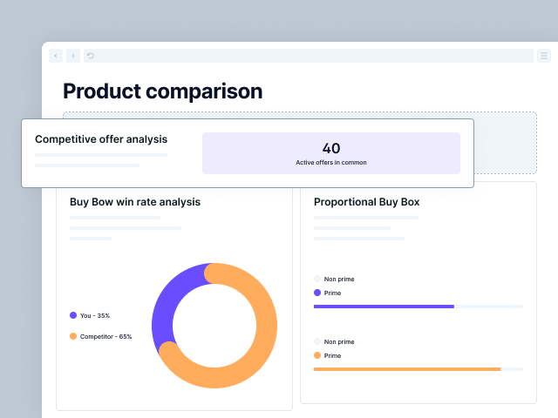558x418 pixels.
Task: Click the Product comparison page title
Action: coord(162,91)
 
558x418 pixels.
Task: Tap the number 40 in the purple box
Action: coord(331,148)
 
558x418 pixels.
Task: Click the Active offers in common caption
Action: coord(331,163)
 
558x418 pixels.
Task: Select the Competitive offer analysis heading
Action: coord(101,138)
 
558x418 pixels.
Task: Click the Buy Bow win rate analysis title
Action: coord(135,202)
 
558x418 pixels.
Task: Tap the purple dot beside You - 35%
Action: coord(73,315)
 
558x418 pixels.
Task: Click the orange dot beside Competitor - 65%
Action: coord(73,336)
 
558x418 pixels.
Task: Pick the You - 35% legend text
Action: coord(95,315)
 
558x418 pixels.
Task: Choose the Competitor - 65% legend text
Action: coord(105,336)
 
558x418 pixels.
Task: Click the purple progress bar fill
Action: coord(384,307)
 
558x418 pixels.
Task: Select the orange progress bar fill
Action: coord(406,369)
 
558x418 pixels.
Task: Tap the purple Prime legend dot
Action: coord(317,293)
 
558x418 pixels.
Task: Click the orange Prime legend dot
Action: coord(317,355)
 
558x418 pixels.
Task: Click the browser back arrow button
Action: coord(56,56)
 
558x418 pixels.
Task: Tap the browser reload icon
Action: coord(90,56)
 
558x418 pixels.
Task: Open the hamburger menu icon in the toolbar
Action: coord(544,56)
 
